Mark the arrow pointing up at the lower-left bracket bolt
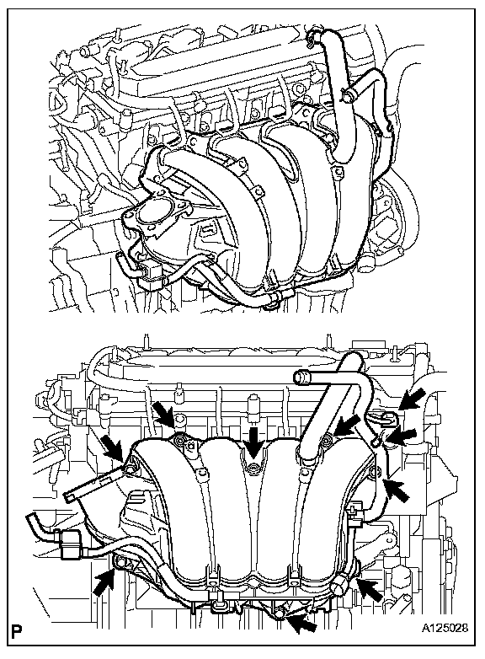(x=104, y=582)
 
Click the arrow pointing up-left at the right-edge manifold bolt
(x=397, y=490)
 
